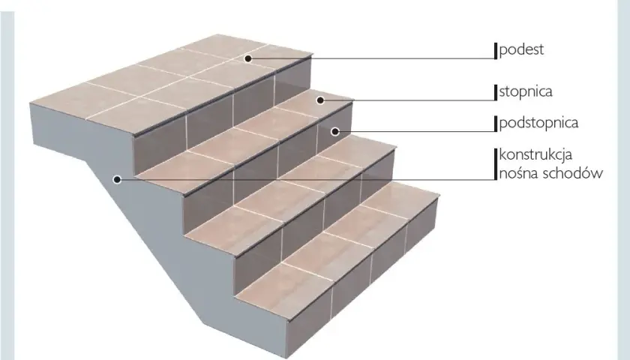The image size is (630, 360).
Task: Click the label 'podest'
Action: click(x=521, y=49)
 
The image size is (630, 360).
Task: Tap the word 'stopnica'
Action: click(x=526, y=92)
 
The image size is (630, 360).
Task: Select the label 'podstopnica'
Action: click(x=538, y=123)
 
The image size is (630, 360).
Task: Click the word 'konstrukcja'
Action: click(x=535, y=155)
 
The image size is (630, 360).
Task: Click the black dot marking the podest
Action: click(x=248, y=58)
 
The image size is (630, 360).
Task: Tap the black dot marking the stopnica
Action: click(x=320, y=100)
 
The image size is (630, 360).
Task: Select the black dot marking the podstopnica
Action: click(x=335, y=131)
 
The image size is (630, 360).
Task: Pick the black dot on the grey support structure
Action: click(x=117, y=179)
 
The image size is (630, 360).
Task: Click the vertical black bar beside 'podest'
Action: click(x=496, y=51)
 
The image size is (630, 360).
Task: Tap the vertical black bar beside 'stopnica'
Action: click(x=496, y=92)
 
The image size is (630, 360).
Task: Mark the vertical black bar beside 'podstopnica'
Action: click(x=496, y=123)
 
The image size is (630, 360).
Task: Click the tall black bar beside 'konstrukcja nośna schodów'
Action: click(x=496, y=163)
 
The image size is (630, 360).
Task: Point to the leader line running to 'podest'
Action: click(x=371, y=58)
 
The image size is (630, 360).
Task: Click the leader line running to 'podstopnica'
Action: click(x=415, y=131)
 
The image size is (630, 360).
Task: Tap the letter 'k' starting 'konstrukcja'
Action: click(x=502, y=154)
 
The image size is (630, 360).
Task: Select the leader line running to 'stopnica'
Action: click(x=407, y=100)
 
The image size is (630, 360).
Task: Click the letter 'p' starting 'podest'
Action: click(x=502, y=52)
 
